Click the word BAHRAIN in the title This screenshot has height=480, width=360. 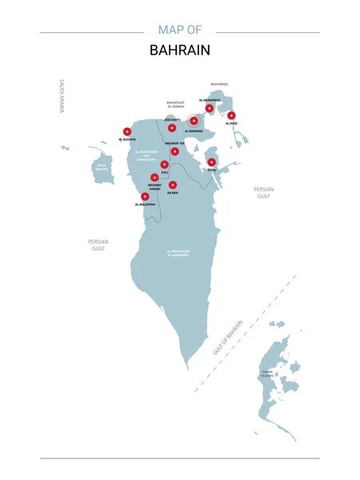click(x=180, y=50)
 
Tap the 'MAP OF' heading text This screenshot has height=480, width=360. click(x=180, y=30)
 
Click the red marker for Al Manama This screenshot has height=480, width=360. click(x=194, y=121)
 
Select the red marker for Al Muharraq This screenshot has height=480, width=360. click(x=210, y=108)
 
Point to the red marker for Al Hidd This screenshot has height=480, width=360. click(x=231, y=115)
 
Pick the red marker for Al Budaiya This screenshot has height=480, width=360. click(x=126, y=132)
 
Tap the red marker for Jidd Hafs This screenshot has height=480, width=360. click(x=172, y=127)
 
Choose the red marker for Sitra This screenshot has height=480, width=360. click(x=212, y=162)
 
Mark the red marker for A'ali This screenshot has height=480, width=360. click(x=164, y=165)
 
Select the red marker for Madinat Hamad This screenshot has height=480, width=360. click(x=154, y=178)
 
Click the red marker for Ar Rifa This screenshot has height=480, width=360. click(x=173, y=185)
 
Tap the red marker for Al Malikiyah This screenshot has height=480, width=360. click(x=145, y=196)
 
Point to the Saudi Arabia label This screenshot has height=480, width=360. click(x=61, y=96)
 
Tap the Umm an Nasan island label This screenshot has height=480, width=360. click(x=101, y=168)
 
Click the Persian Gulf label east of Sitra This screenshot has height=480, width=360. click(x=263, y=192)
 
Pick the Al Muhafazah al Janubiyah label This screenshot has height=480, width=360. click(x=178, y=253)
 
